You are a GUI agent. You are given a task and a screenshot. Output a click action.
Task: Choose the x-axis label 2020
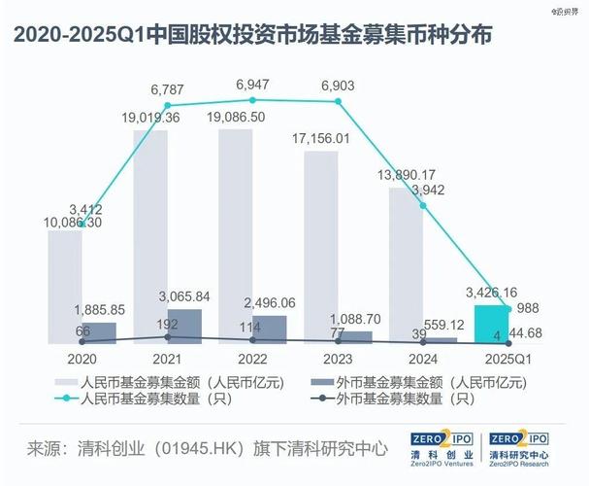[x=82, y=359]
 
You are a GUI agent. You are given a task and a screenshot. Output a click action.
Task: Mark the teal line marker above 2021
[x=167, y=105]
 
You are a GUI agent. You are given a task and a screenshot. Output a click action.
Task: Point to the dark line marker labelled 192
[x=168, y=337]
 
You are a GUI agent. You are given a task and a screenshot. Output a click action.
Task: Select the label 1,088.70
[x=354, y=318]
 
